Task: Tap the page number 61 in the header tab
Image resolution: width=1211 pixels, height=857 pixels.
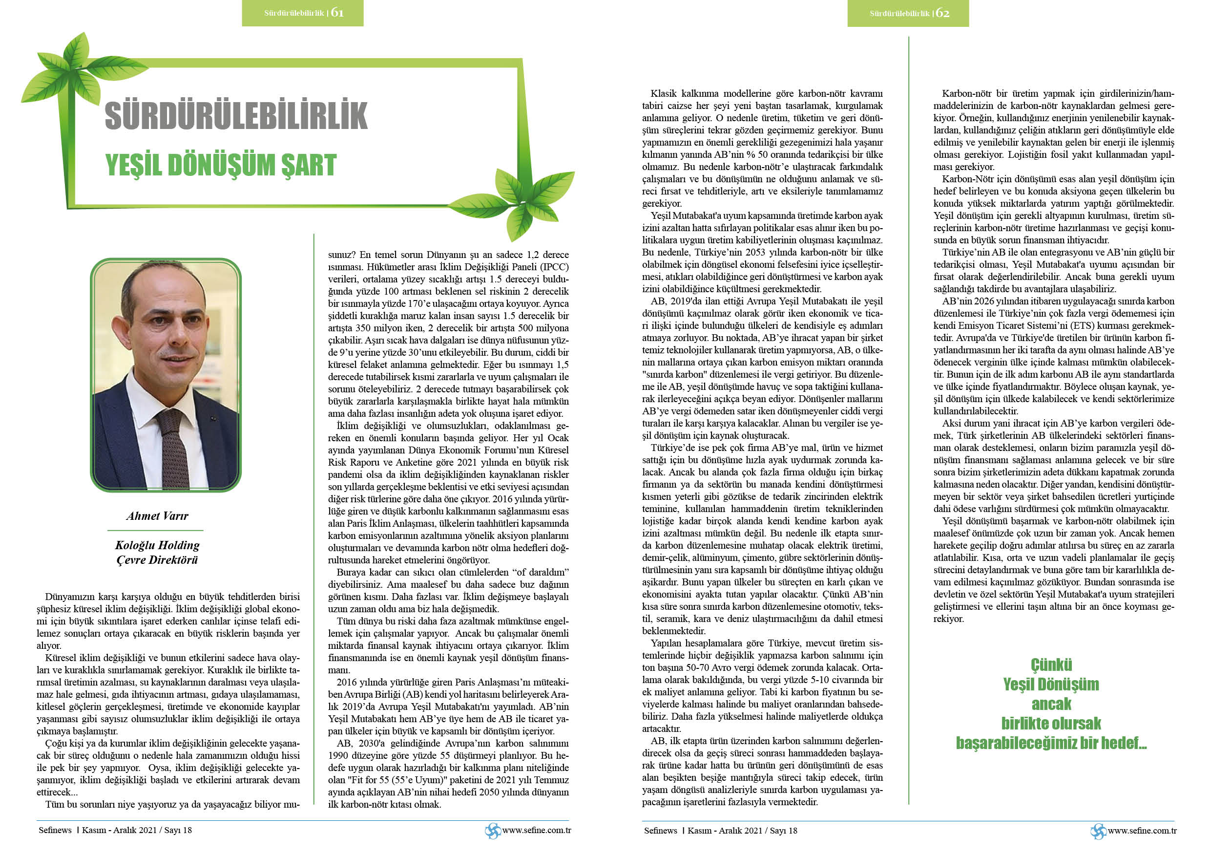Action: tap(337, 13)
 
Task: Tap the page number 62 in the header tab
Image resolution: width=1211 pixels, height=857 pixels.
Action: tap(942, 13)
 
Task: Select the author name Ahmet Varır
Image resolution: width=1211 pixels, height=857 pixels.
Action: tap(157, 515)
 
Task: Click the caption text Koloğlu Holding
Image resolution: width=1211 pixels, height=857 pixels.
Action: tap(157, 545)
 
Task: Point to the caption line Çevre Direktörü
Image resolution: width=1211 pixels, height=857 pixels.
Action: tap(157, 560)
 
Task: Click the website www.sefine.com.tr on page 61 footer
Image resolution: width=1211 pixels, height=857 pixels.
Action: tap(537, 830)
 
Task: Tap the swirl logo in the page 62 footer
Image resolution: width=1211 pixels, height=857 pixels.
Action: tap(1098, 831)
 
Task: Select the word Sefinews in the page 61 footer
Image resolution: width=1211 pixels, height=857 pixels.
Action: tap(55, 830)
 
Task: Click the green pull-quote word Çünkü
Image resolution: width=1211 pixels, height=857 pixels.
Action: tap(1051, 664)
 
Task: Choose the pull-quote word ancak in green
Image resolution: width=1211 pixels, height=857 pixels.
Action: tap(1051, 704)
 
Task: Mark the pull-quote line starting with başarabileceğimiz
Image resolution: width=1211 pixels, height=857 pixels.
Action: tap(1051, 743)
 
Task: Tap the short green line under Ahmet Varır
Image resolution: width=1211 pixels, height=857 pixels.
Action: tap(155, 530)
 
